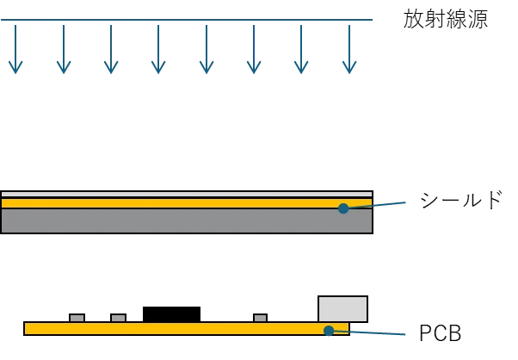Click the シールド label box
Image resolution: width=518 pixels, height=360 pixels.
[x=459, y=202]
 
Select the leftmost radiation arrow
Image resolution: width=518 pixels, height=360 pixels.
[x=15, y=47]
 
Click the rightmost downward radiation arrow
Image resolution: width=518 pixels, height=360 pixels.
[x=348, y=47]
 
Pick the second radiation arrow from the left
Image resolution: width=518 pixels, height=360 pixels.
[x=64, y=47]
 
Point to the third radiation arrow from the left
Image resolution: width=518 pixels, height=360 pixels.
[x=112, y=47]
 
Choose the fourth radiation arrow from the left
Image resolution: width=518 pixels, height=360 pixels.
[x=157, y=47]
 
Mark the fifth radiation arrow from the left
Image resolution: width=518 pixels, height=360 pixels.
[x=206, y=47]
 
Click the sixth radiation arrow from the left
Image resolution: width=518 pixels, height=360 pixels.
[x=253, y=47]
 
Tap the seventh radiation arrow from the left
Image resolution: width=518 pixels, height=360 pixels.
[x=300, y=47]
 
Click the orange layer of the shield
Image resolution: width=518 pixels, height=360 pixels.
[x=172, y=203]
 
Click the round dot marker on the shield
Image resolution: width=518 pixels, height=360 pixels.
[x=343, y=208]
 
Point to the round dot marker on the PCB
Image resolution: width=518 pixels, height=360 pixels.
[x=328, y=331]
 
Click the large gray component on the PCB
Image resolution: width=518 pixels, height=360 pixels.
[x=342, y=309]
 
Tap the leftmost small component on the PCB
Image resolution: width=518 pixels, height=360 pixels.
[x=77, y=317]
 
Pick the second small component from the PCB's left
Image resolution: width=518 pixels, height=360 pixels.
[x=118, y=317]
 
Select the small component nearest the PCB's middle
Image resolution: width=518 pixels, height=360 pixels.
[x=260, y=317]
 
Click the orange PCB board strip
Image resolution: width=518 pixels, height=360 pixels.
[x=172, y=329]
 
